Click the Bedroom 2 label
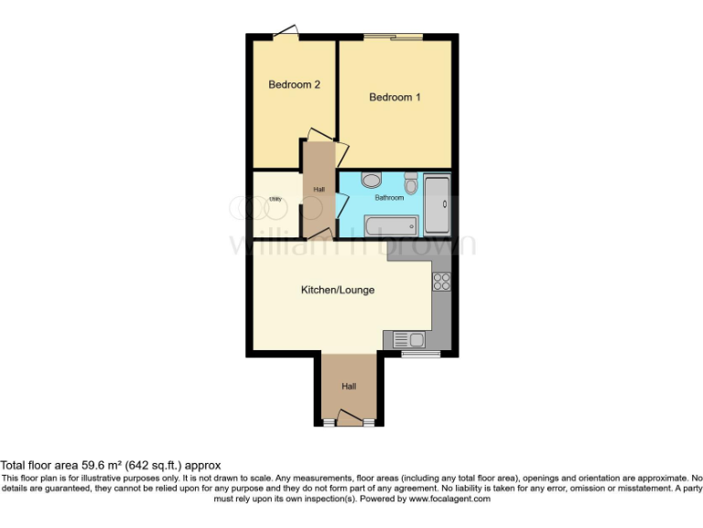[x=294, y=85]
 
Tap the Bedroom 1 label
[x=395, y=97]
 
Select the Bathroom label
[x=389, y=197]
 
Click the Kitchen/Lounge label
[x=338, y=291]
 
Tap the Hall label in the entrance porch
[x=349, y=387]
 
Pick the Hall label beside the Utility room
[x=319, y=190]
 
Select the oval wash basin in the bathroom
[x=371, y=180]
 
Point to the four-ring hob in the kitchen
[x=441, y=282]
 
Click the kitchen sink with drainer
[x=408, y=340]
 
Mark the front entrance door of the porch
[x=349, y=419]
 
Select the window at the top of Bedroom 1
[x=394, y=37]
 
